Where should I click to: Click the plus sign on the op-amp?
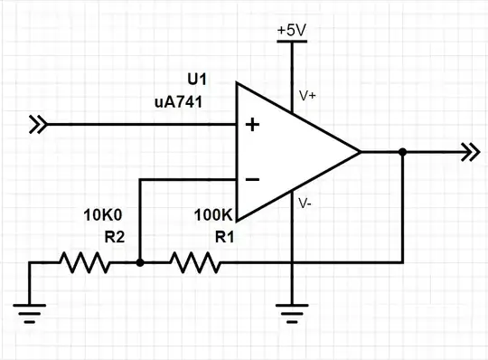pos(252,125)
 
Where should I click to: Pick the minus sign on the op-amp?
pos(252,179)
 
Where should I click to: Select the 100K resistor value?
pos(213,215)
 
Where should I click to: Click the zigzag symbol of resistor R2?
pos(86,262)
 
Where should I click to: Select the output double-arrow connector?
pos(468,152)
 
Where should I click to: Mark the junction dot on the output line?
pos(402,152)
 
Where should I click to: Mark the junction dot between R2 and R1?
pos(139,262)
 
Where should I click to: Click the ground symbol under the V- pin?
pos(292,315)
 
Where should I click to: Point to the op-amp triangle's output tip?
pos(361,152)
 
